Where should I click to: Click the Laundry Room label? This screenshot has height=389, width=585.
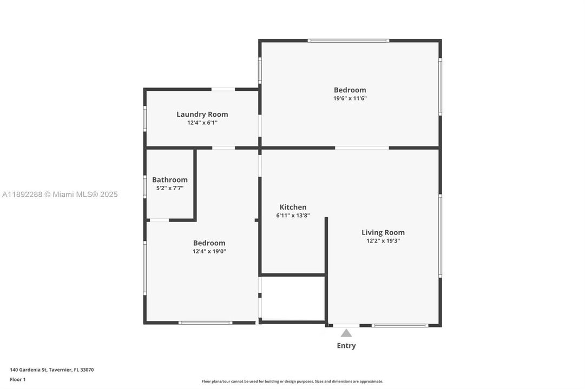[202, 114]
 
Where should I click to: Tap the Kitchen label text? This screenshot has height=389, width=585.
[293, 207]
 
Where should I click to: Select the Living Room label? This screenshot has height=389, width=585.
[383, 232]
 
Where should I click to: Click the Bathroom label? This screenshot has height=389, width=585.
[169, 180]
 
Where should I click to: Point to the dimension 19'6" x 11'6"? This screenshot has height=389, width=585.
[350, 98]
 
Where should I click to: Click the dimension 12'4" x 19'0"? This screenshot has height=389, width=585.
[209, 251]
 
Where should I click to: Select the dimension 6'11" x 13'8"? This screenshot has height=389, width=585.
[293, 215]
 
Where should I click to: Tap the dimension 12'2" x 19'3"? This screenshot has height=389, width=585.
[383, 241]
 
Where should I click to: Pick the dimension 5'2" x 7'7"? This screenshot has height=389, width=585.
[169, 188]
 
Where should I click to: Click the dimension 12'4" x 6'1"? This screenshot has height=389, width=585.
[202, 123]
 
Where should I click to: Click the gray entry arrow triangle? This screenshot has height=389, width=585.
[346, 333]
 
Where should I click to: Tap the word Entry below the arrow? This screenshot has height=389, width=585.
[346, 346]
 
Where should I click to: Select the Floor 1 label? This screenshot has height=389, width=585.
[17, 379]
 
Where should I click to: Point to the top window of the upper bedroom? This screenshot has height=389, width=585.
[348, 41]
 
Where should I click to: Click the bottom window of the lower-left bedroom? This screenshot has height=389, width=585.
[206, 323]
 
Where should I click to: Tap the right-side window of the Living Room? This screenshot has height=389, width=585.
[440, 236]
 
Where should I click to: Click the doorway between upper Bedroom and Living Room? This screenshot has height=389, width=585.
[361, 147]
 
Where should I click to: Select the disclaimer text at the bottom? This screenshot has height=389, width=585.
[292, 381]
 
